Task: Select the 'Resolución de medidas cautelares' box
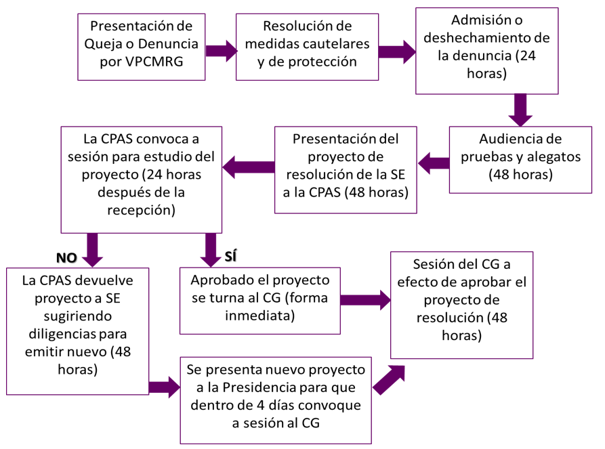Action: [x=307, y=45]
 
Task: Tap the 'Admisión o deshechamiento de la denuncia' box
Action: [x=486, y=51]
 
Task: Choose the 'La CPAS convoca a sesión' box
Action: [x=142, y=179]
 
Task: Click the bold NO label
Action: [x=66, y=257]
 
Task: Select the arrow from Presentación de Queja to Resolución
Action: [x=220, y=51]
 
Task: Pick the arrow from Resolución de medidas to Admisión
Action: [x=397, y=51]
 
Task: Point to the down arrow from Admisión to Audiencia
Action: [x=520, y=109]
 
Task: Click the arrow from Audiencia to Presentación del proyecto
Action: [x=434, y=163]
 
